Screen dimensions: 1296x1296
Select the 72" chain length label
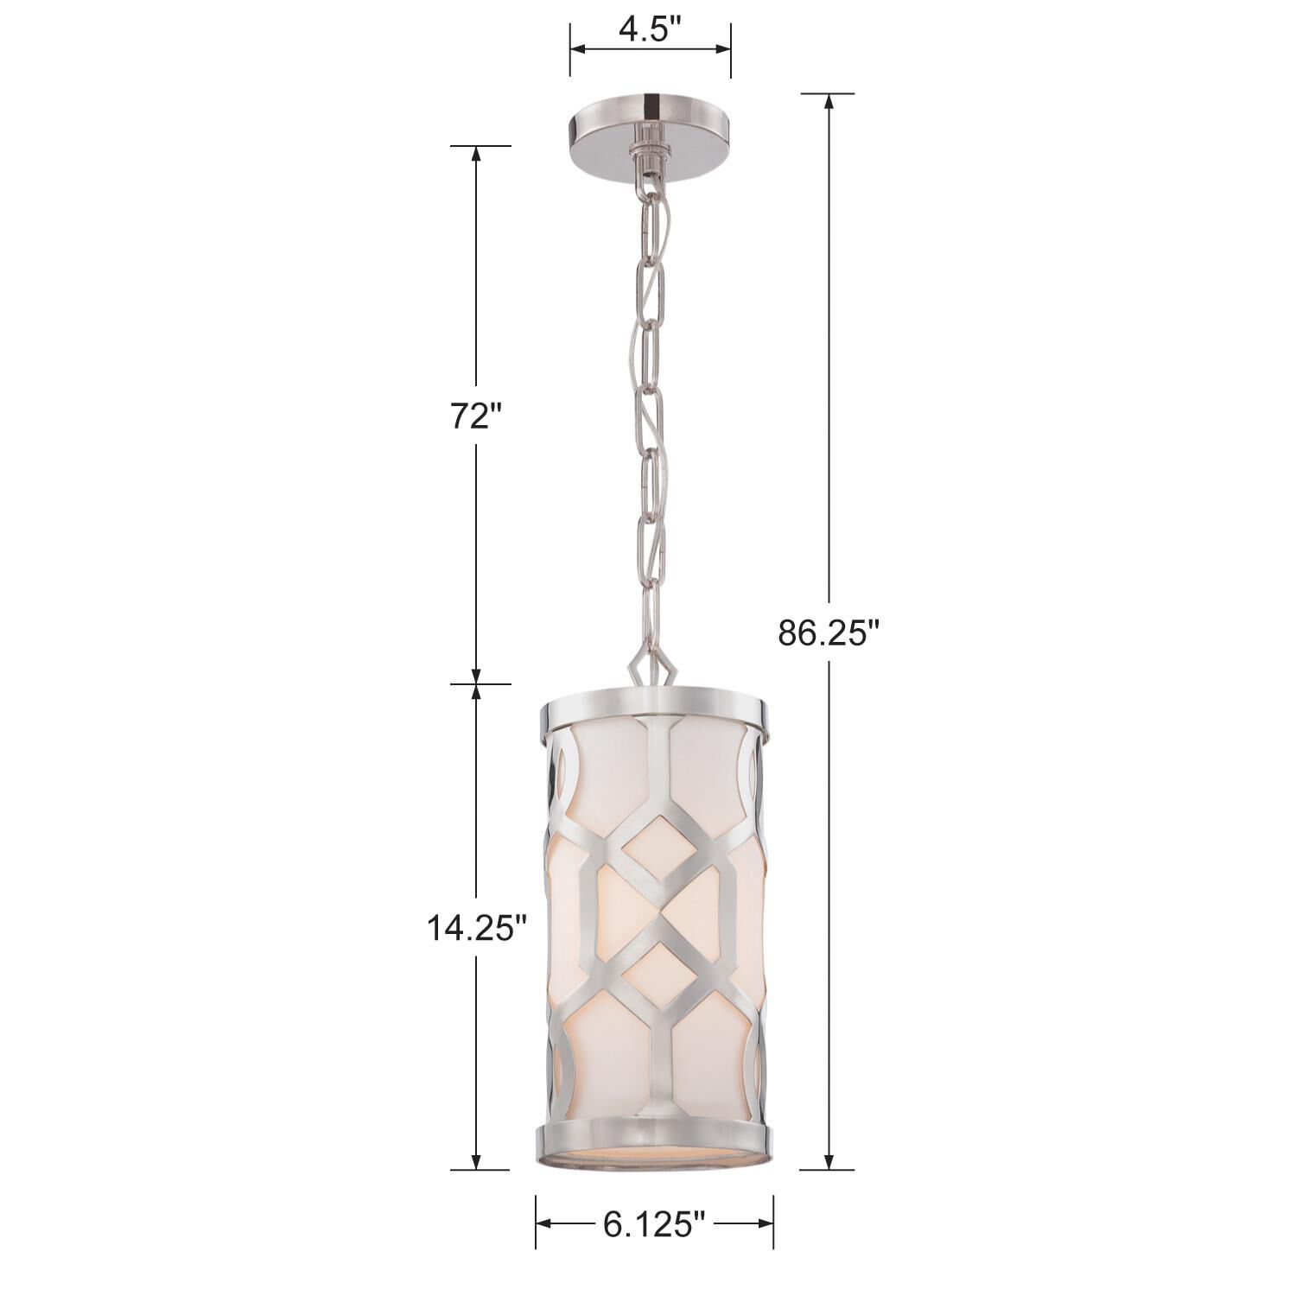coord(475,416)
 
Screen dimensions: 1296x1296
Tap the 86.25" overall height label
coord(828,632)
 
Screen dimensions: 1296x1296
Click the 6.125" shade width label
coord(654,1223)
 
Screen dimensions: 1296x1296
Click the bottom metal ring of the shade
coord(653,1138)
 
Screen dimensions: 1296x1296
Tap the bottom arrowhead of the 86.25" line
coord(829,1161)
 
